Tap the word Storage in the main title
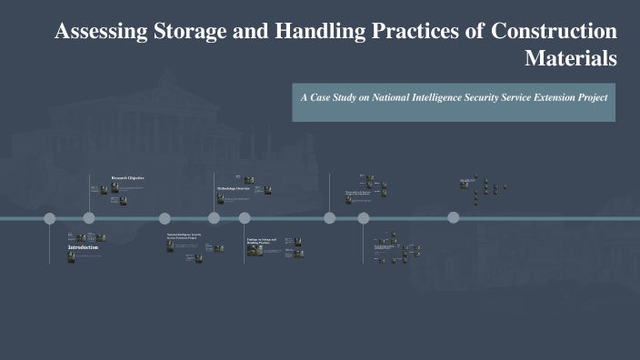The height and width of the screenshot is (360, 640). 188,32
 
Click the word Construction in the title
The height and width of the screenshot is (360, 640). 554,32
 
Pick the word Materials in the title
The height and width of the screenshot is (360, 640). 571,59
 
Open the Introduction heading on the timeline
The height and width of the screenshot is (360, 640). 85,247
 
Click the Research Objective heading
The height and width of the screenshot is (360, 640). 127,177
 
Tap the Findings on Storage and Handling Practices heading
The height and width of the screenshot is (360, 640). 261,242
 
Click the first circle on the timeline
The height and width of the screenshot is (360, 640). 50,218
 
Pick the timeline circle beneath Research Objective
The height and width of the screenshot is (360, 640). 89,218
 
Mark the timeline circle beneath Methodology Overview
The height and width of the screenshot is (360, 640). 215,218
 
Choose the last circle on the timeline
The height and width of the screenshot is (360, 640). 453,217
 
